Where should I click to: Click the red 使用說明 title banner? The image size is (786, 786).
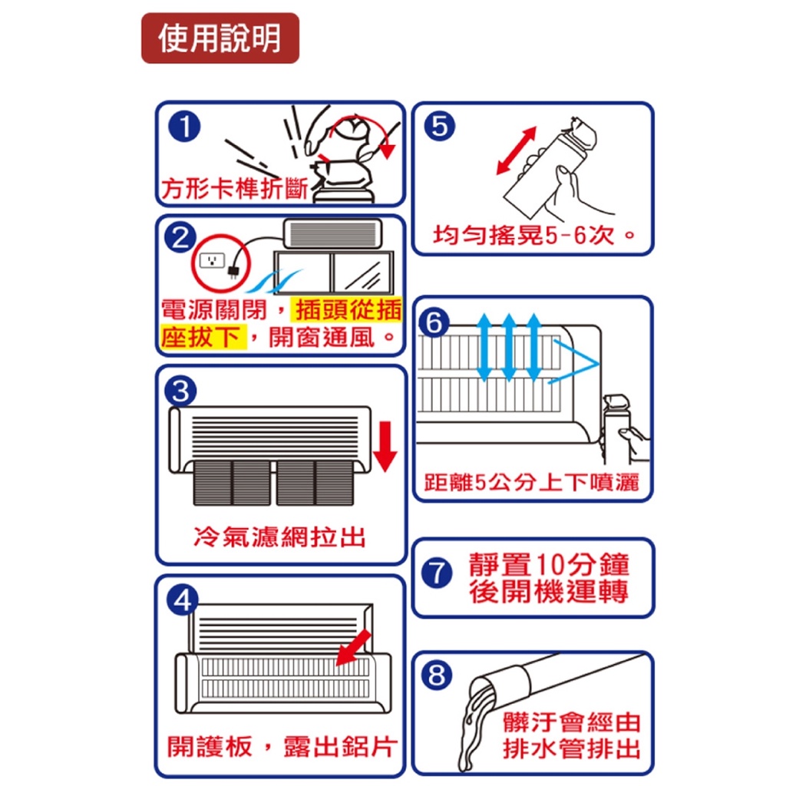(220, 38)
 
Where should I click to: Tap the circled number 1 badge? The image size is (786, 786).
(184, 127)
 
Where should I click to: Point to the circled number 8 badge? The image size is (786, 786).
(436, 675)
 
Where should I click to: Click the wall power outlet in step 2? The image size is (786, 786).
(212, 261)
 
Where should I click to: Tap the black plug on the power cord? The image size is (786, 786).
(233, 272)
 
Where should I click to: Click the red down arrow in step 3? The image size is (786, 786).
(385, 446)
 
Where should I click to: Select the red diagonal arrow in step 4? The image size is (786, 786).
(353, 648)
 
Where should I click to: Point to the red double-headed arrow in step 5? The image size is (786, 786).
(517, 150)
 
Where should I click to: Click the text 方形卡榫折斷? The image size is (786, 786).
(235, 189)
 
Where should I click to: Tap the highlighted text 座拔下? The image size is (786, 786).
(203, 337)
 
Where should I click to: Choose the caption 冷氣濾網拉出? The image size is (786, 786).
(279, 537)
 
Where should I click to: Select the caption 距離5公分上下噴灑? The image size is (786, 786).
(531, 482)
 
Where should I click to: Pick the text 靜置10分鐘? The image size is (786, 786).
(549, 564)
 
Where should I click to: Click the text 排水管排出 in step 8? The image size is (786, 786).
(571, 749)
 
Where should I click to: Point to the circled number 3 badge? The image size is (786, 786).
(181, 391)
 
